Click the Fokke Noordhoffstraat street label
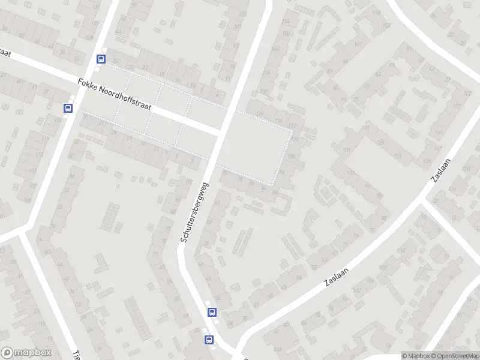(x=115, y=95)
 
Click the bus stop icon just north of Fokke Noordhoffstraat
(x=101, y=59)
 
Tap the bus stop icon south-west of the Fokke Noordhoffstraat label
(x=68, y=108)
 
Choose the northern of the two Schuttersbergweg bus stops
(x=212, y=312)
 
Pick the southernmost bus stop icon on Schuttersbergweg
(x=209, y=340)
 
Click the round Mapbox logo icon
(x=7, y=353)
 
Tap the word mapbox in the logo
(x=33, y=353)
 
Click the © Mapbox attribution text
(x=415, y=356)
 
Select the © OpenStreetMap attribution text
(x=455, y=356)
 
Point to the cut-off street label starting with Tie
(x=77, y=354)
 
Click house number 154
(x=286, y=22)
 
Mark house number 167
(x=467, y=93)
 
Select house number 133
(x=397, y=156)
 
